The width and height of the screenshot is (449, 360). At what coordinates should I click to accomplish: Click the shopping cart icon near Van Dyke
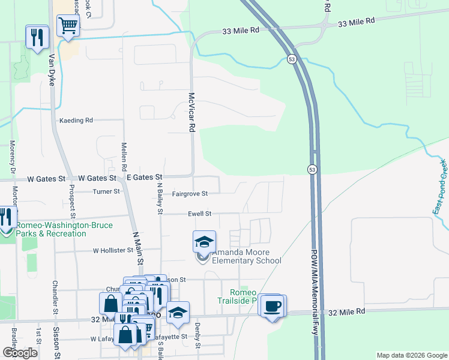[68, 26]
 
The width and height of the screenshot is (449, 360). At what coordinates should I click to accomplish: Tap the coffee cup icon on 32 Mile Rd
[273, 306]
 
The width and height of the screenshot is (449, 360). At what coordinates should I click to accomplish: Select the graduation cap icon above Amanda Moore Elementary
[204, 242]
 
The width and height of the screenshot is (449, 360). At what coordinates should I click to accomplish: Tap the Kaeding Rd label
[76, 121]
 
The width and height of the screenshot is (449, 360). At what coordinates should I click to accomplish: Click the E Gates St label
[144, 178]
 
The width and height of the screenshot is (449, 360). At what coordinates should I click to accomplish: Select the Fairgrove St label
[190, 194]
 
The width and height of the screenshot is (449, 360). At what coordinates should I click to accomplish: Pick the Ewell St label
[200, 213]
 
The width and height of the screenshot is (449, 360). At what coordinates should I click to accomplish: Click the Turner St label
[106, 191]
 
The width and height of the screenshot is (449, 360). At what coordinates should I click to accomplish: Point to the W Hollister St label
[112, 250]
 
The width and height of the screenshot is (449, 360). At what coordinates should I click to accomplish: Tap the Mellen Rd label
[124, 154]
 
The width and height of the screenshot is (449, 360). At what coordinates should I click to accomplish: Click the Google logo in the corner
[20, 353]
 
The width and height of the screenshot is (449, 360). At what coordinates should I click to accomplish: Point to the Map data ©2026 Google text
[412, 355]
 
